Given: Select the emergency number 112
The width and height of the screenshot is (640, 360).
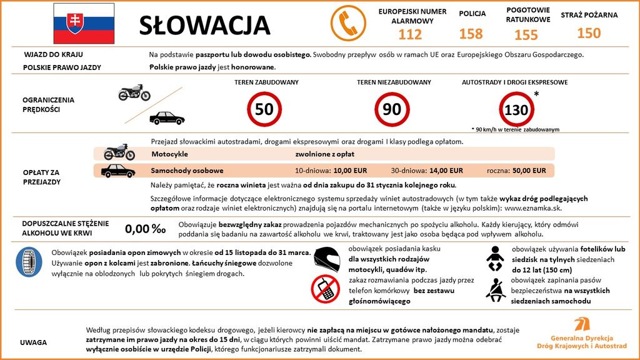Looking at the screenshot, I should click(x=410, y=34).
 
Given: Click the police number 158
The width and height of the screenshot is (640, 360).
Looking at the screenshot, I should click(x=471, y=34).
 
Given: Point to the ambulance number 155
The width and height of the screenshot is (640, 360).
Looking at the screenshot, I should click(x=526, y=34).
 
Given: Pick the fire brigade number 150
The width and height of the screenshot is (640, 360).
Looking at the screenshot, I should click(x=589, y=32).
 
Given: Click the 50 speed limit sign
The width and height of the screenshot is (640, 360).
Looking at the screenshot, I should click(x=264, y=109).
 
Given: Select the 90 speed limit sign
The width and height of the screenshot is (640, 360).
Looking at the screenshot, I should click(x=392, y=109).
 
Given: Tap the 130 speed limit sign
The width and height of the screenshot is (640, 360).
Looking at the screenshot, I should click(x=516, y=110).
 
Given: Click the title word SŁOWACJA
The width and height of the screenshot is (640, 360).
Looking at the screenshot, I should click(x=204, y=25).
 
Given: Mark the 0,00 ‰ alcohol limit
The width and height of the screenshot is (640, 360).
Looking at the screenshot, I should click(x=146, y=229).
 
